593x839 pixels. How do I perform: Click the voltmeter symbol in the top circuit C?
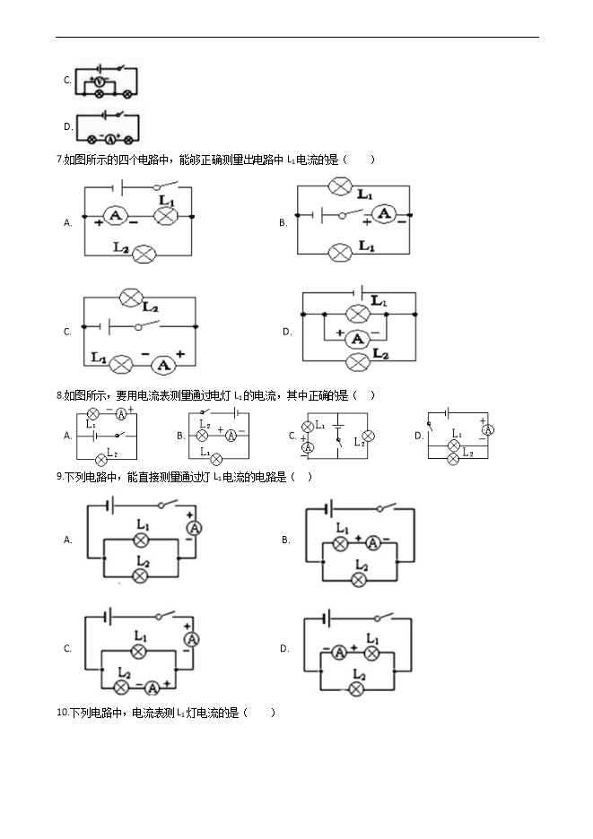click(99, 82)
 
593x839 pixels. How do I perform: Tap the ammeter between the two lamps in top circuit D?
click(109, 140)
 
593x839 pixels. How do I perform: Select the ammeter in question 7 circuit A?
click(115, 216)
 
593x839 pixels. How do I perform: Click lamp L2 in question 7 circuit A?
click(144, 255)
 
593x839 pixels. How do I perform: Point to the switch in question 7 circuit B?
click(349, 214)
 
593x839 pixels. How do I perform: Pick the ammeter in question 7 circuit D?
click(357, 338)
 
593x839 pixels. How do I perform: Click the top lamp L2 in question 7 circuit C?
click(131, 298)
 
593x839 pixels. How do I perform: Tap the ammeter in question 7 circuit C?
click(163, 366)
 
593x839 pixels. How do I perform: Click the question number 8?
click(59, 396)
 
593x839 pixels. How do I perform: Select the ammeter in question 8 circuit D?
click(488, 429)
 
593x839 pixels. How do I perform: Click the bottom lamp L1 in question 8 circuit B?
click(216, 459)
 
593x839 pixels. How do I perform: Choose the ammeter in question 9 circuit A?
click(194, 528)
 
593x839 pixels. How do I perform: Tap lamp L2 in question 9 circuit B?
click(359, 580)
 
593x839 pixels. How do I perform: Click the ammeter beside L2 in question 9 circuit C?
click(153, 688)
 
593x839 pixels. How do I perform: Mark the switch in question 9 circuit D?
click(384, 617)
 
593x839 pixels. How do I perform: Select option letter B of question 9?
click(285, 540)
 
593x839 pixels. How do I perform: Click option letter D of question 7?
click(287, 332)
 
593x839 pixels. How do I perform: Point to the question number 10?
click(63, 713)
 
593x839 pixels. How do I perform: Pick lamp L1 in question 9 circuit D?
click(371, 653)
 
